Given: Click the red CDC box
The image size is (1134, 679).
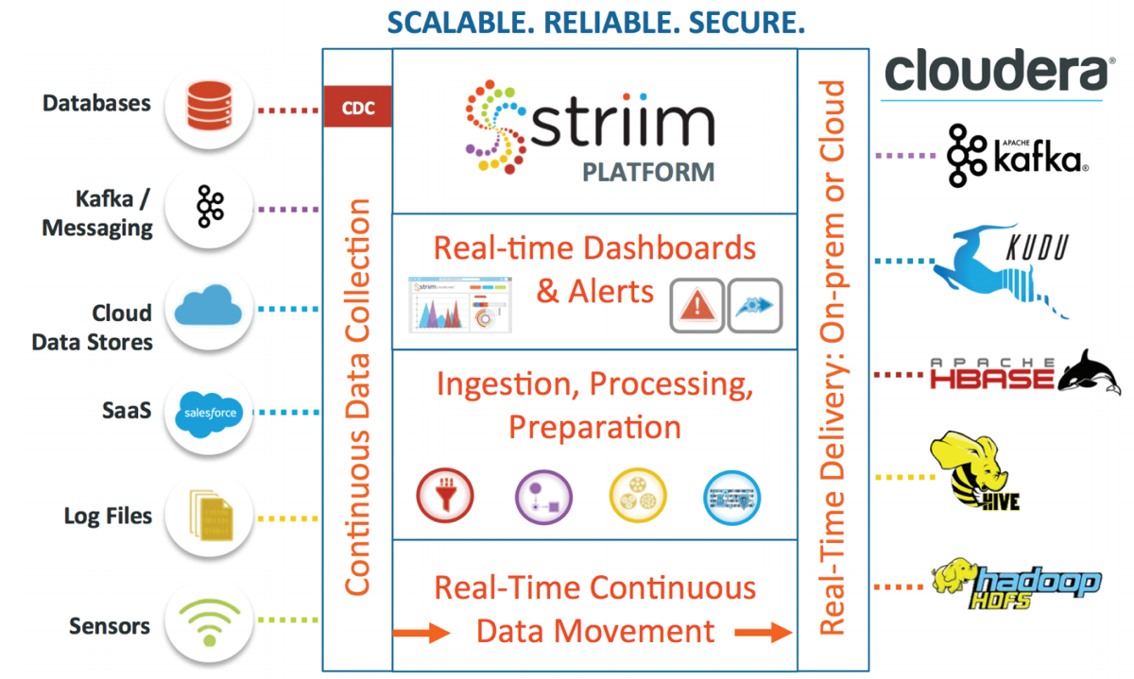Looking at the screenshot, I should pyautogui.click(x=357, y=107).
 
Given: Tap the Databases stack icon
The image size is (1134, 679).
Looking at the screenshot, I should pyautogui.click(x=209, y=106).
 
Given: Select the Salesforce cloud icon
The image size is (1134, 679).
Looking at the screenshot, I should pyautogui.click(x=209, y=413).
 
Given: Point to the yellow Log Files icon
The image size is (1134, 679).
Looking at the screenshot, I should pyautogui.click(x=209, y=517).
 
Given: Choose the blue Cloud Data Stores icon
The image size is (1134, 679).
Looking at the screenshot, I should pyautogui.click(x=209, y=309).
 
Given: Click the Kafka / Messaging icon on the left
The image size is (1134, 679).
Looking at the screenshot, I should pyautogui.click(x=209, y=207).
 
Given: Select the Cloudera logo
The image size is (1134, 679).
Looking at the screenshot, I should pyautogui.click(x=992, y=71).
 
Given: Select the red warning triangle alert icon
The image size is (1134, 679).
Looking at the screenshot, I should pyautogui.click(x=697, y=305).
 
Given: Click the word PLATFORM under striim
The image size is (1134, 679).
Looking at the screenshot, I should pyautogui.click(x=647, y=173).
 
